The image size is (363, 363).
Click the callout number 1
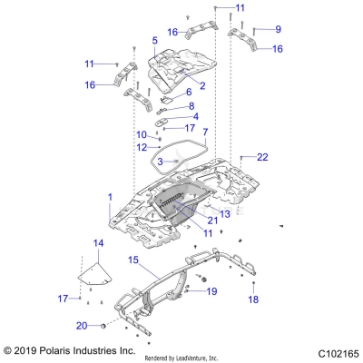pyautogui.click(x=111, y=197)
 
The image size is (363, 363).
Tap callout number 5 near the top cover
pyautogui.click(x=155, y=41)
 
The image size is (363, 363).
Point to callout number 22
pyautogui.click(x=262, y=157)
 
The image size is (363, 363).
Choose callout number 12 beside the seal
pyautogui.click(x=142, y=147)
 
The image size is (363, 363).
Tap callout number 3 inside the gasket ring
pyautogui.click(x=160, y=162)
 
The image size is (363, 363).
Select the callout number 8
pyautogui.click(x=191, y=106)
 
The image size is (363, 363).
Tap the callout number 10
pyautogui.click(x=142, y=135)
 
